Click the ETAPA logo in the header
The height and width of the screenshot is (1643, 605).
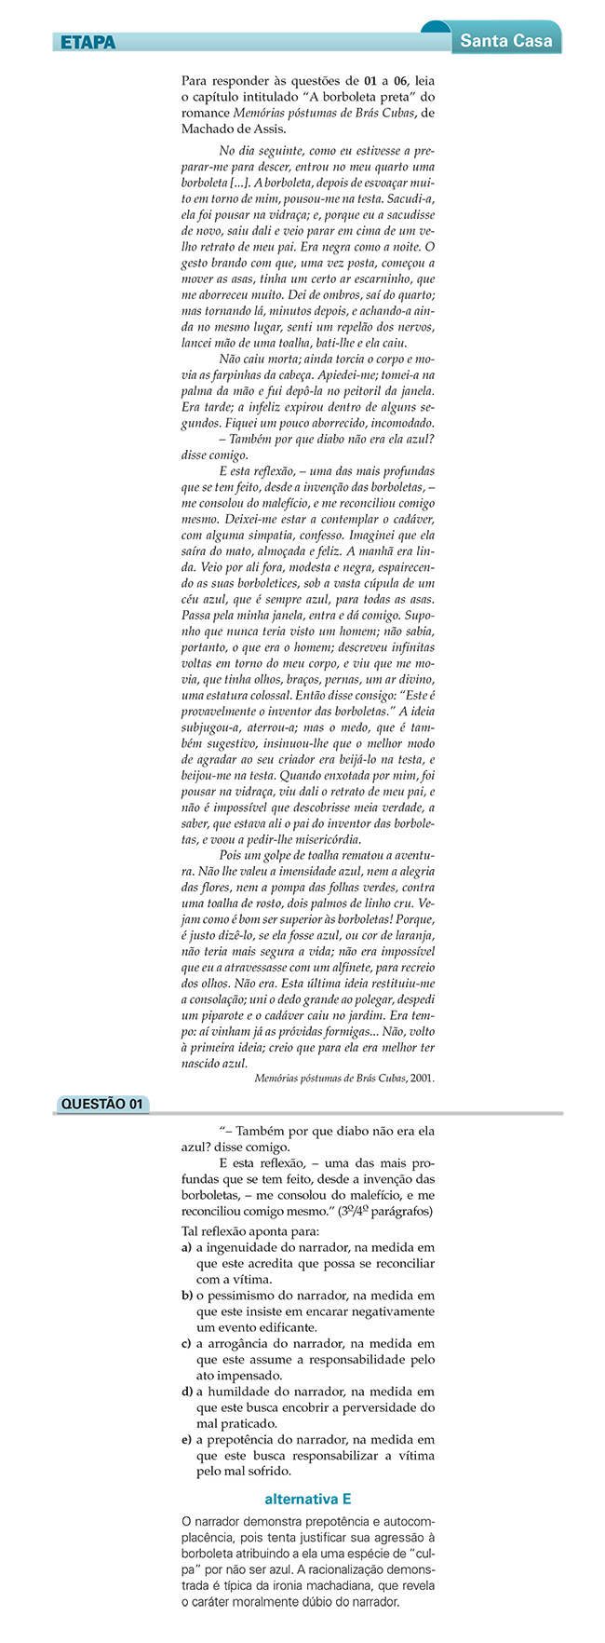coord(87,42)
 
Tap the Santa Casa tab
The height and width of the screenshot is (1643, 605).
coord(505,40)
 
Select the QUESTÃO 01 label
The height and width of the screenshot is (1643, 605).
coord(101,1104)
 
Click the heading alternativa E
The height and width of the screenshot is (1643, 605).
coord(307,1499)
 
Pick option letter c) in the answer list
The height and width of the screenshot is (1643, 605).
coord(187,1344)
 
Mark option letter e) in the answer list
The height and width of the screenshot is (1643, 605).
coord(187,1439)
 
